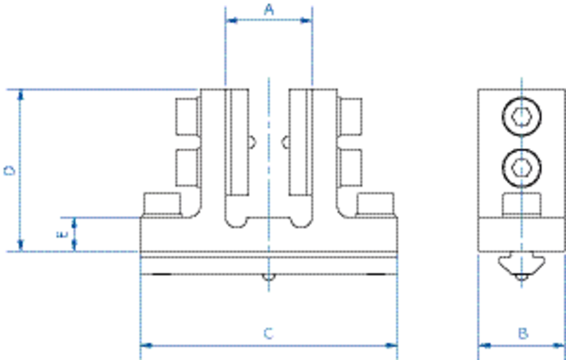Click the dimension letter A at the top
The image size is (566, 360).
[x=269, y=10]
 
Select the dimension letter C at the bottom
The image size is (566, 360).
[x=269, y=333]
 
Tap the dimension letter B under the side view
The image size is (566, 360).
[x=523, y=333]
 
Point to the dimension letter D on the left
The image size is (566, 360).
[x=9, y=170]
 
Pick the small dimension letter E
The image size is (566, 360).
[x=62, y=234]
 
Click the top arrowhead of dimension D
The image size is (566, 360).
[x=20, y=95]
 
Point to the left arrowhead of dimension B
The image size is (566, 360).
[x=485, y=345]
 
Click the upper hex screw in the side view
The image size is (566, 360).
[x=521, y=116]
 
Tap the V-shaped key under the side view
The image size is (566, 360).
[x=521, y=267]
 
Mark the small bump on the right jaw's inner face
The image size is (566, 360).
[x=284, y=142]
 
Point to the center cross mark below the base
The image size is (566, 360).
[x=269, y=278]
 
